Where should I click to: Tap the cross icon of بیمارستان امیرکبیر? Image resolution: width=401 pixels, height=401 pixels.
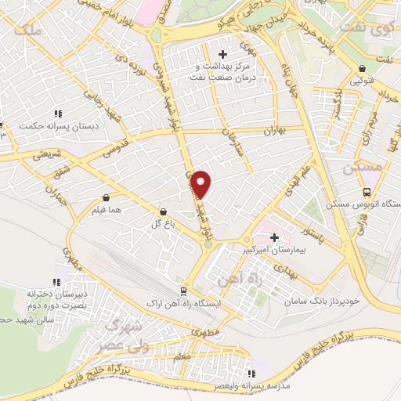[274, 237]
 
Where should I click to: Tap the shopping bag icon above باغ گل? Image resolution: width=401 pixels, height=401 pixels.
[163, 211]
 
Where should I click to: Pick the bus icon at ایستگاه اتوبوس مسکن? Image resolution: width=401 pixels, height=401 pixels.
[367, 193]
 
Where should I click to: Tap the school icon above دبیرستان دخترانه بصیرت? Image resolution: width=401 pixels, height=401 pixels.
[55, 282]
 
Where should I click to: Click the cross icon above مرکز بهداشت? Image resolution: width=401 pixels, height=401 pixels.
[223, 54]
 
